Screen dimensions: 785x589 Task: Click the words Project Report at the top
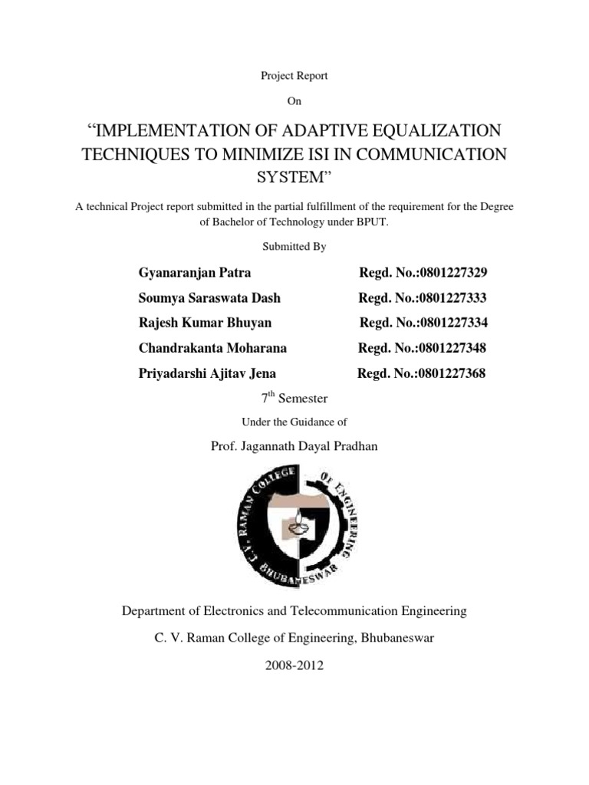294,75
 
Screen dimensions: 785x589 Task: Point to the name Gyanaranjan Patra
195,272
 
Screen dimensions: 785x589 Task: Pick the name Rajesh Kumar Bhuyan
205,323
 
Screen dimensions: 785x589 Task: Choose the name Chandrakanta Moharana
212,348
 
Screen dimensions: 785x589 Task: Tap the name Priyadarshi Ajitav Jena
207,373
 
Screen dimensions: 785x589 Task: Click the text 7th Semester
294,398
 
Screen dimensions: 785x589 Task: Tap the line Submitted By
294,247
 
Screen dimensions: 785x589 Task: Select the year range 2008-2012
294,666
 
